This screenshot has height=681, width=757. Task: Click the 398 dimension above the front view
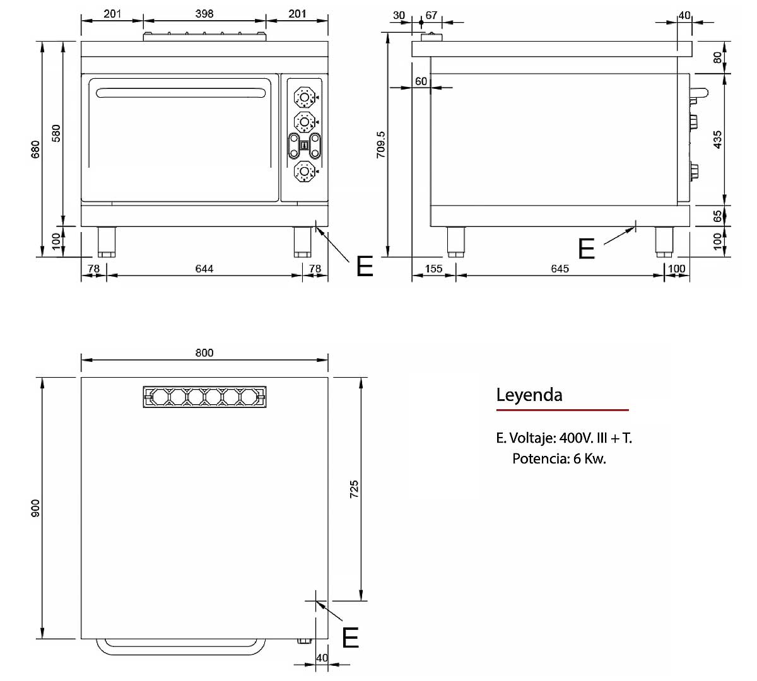click(x=204, y=14)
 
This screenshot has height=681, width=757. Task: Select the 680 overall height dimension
click(x=35, y=149)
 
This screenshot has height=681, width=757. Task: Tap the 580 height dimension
click(x=56, y=133)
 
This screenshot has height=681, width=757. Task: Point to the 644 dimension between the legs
click(x=204, y=269)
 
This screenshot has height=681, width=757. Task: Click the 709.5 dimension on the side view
click(x=381, y=144)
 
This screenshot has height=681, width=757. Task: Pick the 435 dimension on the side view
click(x=717, y=139)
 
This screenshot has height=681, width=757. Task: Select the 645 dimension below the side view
click(x=560, y=269)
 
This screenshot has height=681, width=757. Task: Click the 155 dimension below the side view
click(x=433, y=269)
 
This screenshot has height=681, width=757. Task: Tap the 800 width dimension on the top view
click(x=204, y=352)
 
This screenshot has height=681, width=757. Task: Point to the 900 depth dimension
click(x=35, y=508)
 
